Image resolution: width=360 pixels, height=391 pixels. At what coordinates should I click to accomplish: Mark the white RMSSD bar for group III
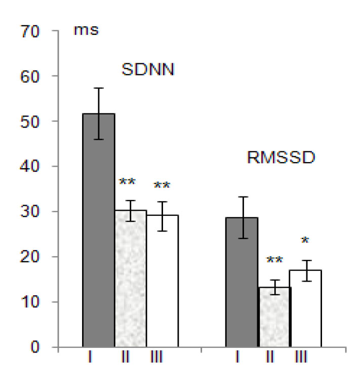pyautogui.click(x=306, y=308)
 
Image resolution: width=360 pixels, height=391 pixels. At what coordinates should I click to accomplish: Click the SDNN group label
pyautogui.click(x=148, y=69)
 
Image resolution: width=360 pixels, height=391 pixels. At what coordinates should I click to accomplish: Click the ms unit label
pyautogui.click(x=86, y=30)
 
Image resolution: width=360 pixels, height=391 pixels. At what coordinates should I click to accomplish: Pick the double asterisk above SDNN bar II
pyautogui.click(x=127, y=183)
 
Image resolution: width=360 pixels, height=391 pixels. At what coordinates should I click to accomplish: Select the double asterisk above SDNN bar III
pyautogui.click(x=162, y=187)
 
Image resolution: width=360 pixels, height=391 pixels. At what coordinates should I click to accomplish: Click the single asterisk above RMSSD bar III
pyautogui.click(x=304, y=242)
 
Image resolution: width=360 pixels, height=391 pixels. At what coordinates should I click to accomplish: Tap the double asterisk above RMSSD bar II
pyautogui.click(x=273, y=262)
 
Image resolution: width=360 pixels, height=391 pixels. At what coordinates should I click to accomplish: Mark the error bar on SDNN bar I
pyautogui.click(x=99, y=113)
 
